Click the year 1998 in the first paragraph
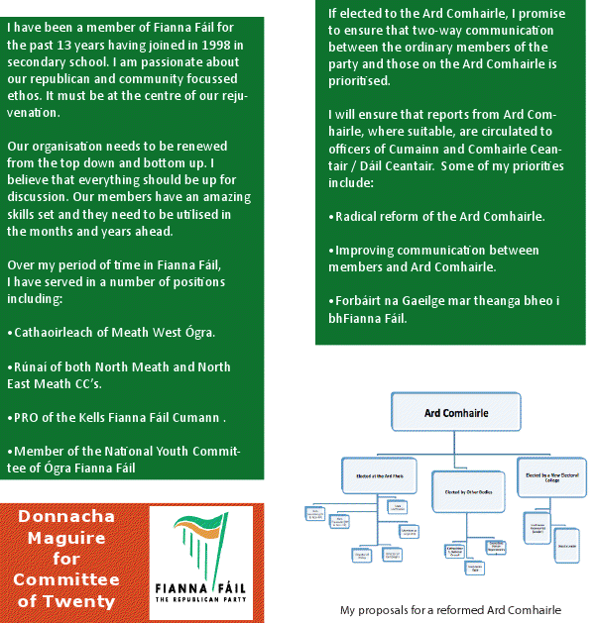coord(215,46)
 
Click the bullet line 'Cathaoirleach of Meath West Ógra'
coord(110,331)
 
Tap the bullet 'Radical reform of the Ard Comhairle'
coord(435,216)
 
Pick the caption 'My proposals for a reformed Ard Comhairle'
coord(450,610)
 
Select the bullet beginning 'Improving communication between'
coord(436,259)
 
